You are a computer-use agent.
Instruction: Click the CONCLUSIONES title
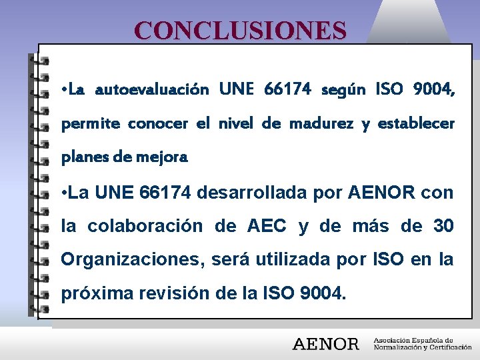click(240, 31)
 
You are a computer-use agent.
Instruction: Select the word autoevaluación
click(152, 89)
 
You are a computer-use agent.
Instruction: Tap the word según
click(343, 89)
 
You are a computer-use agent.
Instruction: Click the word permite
click(91, 124)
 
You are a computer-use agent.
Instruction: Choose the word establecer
click(416, 124)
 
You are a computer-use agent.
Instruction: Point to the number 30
click(443, 227)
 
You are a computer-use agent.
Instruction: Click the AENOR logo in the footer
click(325, 344)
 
